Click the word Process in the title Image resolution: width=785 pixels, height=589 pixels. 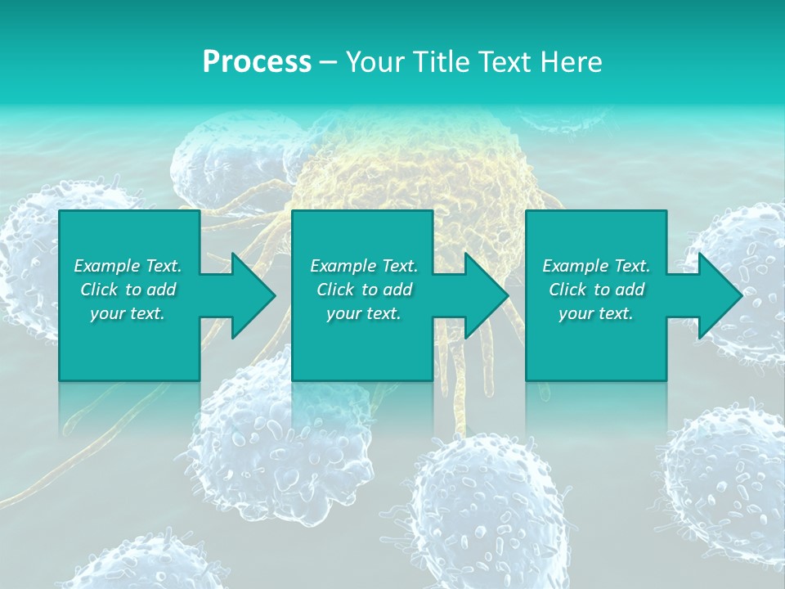tap(257, 62)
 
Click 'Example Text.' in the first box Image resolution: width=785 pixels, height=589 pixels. tap(128, 266)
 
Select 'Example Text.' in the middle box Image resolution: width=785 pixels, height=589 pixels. tap(364, 266)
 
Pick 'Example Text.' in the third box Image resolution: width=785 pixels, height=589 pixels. tap(596, 266)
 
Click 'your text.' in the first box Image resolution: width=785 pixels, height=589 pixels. tap(128, 313)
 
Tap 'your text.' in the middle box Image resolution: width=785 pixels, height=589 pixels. tap(364, 313)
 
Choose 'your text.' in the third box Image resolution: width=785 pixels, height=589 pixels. tap(596, 313)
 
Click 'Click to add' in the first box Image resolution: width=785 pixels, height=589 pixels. tap(128, 290)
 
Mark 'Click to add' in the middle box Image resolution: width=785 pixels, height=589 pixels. tap(364, 290)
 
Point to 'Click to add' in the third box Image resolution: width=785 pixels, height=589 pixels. tap(596, 290)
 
